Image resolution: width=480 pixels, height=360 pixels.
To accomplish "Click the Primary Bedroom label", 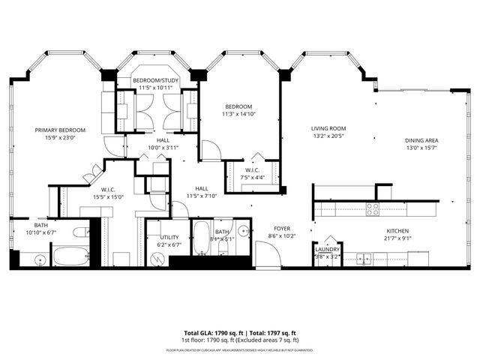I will coord(60,130).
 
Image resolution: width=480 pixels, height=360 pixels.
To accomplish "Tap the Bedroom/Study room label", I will coord(156,80).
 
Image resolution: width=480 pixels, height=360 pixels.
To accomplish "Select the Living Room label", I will coord(328,128).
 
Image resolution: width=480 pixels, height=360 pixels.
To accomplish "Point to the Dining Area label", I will coord(421,140).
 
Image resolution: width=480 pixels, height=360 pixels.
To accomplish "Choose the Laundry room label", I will coord(328,249).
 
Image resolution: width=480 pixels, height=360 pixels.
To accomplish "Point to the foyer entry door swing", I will coord(268,255).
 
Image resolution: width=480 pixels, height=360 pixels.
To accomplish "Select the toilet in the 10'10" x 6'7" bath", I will coord(80,232).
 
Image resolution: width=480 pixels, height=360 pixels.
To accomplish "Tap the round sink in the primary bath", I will coord(40,259).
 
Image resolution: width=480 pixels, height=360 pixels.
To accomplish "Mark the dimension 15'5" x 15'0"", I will coord(103,197).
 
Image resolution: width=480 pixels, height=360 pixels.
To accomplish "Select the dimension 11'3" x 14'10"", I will coord(238,114).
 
